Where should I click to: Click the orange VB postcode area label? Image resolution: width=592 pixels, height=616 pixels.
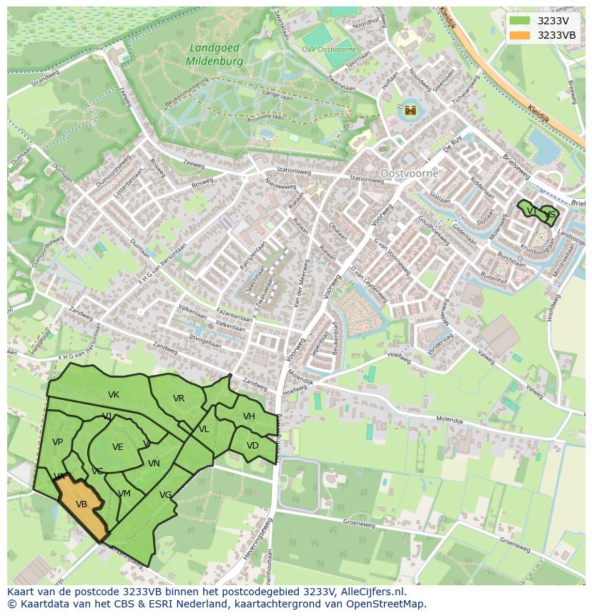pos(82,504)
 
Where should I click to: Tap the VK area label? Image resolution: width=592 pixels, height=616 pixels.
pos(114,395)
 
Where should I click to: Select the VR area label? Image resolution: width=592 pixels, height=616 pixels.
pos(179,399)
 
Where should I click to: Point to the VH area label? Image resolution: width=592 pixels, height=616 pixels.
pos(249,416)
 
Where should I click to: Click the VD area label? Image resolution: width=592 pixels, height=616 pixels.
pos(252,446)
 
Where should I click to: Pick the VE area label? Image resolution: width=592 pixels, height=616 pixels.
pos(118,447)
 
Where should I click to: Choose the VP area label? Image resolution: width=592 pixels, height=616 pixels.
pos(58,442)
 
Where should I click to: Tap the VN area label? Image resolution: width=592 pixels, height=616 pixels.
pos(154,464)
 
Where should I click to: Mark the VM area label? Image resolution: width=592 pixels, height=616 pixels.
pos(124,494)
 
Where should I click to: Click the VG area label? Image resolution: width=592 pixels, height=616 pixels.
pos(166,495)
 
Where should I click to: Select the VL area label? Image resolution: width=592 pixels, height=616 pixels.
pos(204,429)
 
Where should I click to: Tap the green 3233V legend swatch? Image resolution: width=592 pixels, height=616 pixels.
pos(521,21)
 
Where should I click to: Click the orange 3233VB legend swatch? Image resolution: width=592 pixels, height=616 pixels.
pos(521,35)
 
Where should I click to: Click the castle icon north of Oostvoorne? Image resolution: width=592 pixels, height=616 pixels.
pos(410,110)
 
